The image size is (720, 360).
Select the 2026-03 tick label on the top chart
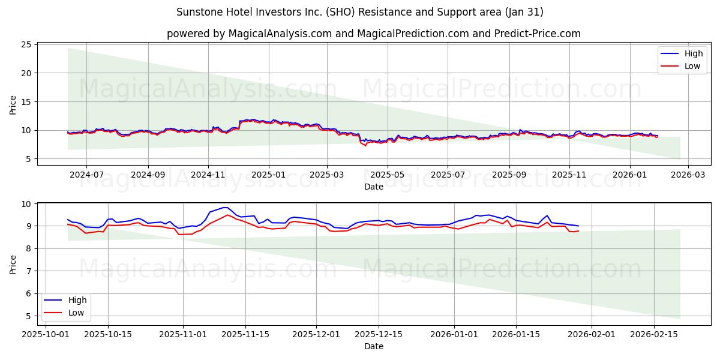pyautogui.click(x=688, y=175)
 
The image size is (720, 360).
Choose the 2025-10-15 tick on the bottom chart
pyautogui.click(x=108, y=334)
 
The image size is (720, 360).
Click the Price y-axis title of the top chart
pyautogui.click(x=13, y=104)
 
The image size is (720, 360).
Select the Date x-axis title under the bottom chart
pyautogui.click(x=373, y=346)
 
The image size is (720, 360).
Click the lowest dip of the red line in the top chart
pyautogui.click(x=365, y=146)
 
